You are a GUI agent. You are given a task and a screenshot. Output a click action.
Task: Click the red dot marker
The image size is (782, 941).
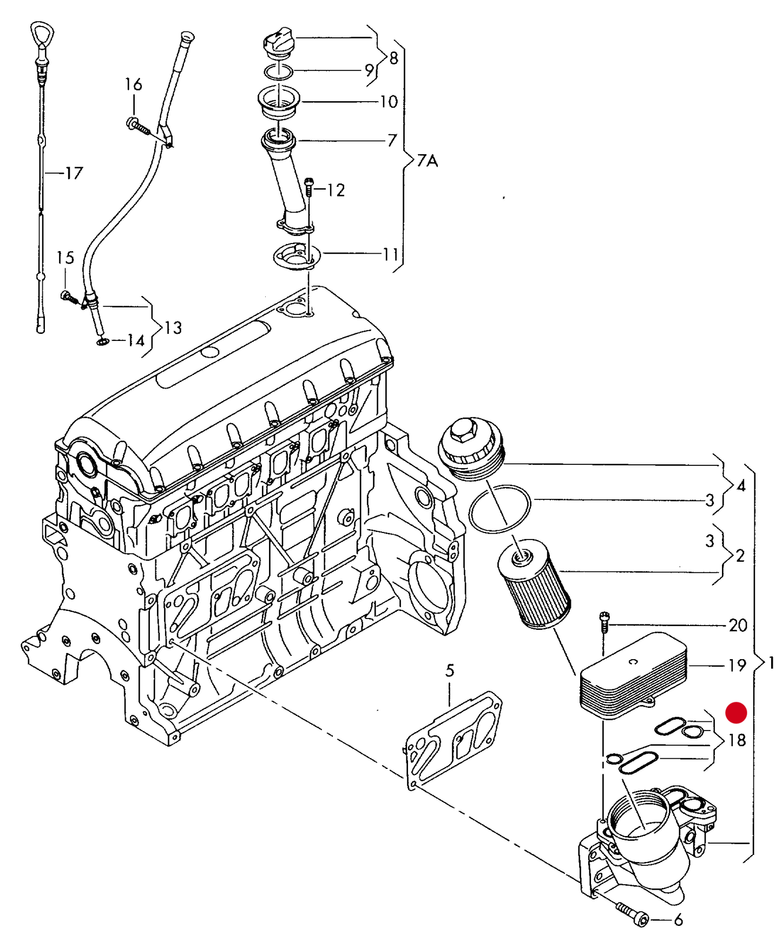coord(735,713)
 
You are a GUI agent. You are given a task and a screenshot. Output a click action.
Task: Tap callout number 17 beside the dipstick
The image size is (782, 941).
coord(74,173)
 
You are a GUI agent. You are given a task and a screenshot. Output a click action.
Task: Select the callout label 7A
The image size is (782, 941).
coord(427,161)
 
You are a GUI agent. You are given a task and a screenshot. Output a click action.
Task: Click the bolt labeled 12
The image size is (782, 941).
coord(308,187)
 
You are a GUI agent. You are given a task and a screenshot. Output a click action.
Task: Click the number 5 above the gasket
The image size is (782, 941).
coord(450,671)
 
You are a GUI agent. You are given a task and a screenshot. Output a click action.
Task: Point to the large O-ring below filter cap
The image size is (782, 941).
coord(500,509)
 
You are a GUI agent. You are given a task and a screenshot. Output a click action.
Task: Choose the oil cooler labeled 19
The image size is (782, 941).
coord(632,676)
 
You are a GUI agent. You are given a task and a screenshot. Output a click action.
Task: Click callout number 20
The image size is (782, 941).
coord(738,626)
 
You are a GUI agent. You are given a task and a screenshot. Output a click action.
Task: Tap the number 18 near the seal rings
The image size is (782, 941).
coord(737,740)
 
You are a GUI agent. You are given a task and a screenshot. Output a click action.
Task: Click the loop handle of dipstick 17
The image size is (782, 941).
coord(42,35)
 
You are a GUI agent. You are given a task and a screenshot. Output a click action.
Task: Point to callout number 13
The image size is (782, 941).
coord(173,327)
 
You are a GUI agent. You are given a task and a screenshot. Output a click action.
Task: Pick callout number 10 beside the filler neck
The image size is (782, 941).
coord(389,102)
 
